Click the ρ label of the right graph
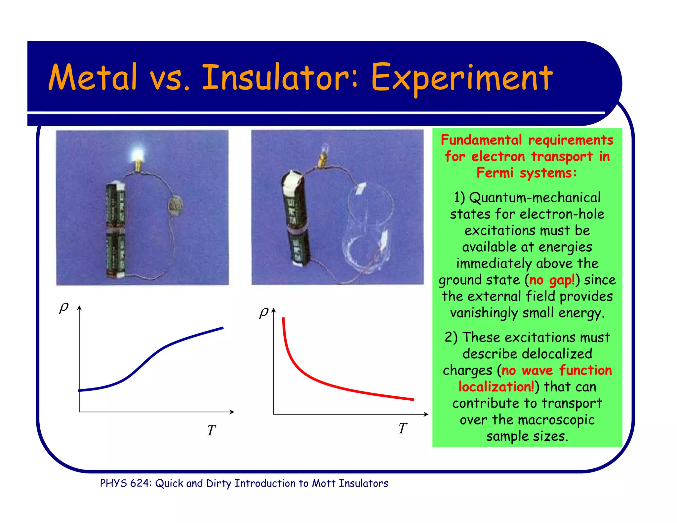point(264,312)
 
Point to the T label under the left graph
point(211,430)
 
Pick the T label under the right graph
point(402,428)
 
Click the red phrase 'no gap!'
point(552,280)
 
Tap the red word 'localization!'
point(496,386)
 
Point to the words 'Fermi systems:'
point(527,173)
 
